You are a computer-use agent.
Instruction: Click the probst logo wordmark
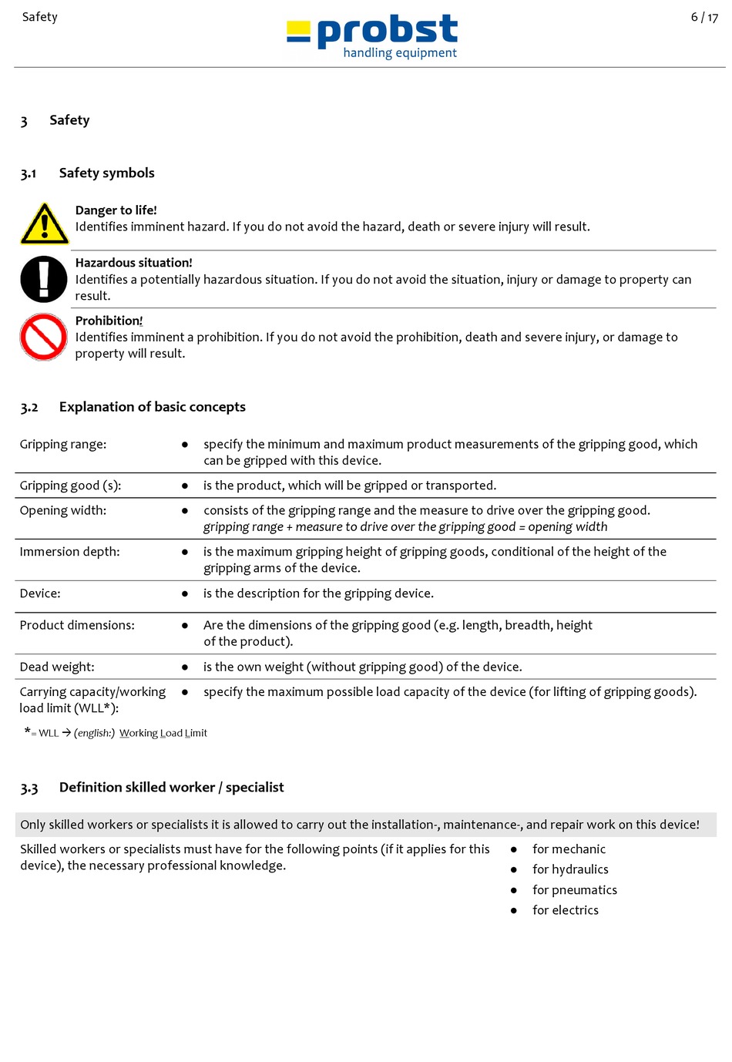click(387, 30)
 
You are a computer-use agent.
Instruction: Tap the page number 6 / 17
click(703, 17)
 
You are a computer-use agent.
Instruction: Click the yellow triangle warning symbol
click(44, 223)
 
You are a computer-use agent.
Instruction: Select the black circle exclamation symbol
click(44, 279)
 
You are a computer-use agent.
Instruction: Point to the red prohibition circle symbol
click(43, 337)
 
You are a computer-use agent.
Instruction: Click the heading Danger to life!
click(116, 210)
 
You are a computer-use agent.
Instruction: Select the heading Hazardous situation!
click(133, 263)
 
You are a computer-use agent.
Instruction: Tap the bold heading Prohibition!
click(109, 321)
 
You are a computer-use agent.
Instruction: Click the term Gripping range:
click(63, 445)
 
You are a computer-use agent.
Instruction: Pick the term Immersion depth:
click(69, 552)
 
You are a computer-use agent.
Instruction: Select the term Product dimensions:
click(77, 625)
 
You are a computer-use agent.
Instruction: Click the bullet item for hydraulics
click(570, 869)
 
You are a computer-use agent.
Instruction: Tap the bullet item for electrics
click(565, 910)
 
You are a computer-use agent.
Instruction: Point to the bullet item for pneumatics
click(574, 890)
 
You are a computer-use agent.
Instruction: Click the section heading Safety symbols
click(106, 173)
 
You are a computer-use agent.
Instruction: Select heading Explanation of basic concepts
click(152, 407)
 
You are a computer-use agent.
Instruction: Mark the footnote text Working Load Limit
click(163, 733)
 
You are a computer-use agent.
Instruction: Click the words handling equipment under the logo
click(399, 53)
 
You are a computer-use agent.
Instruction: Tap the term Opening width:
click(63, 511)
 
